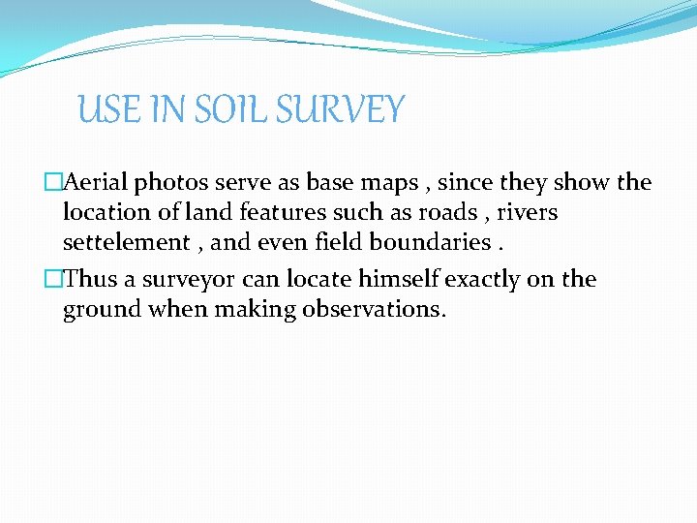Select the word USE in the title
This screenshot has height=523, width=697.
[x=107, y=109]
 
